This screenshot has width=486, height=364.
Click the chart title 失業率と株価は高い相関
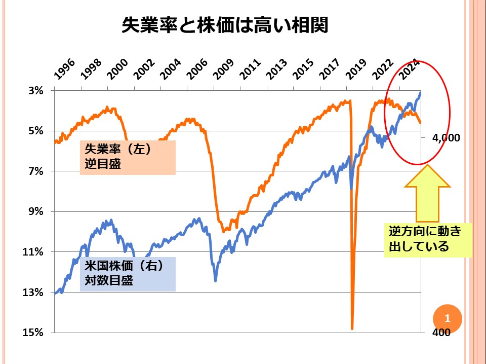[225, 25]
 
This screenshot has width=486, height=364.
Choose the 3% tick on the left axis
[36, 91]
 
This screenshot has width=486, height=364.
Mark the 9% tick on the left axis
[36, 211]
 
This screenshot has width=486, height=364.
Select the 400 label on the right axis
[442, 333]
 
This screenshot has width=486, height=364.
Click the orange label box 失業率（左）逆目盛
[127, 157]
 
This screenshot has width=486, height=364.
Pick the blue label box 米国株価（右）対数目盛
[127, 274]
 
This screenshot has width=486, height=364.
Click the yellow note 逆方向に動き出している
[427, 240]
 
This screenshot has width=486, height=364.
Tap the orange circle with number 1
[448, 319]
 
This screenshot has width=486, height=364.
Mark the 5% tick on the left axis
[36, 131]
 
